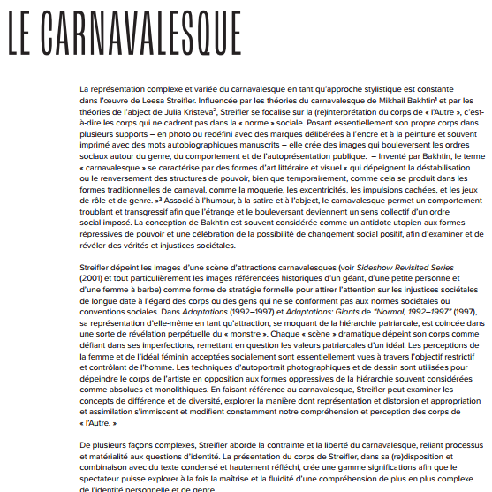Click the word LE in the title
[23, 34]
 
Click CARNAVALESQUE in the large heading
[141, 34]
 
